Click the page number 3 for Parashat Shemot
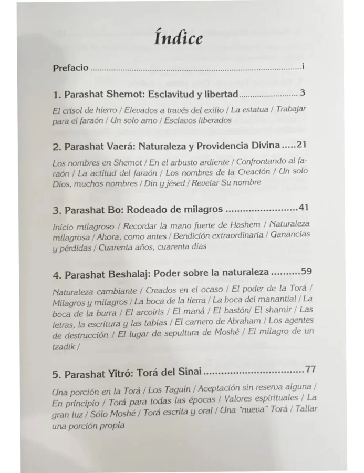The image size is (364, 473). [x=303, y=93]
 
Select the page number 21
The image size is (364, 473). [x=301, y=144]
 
